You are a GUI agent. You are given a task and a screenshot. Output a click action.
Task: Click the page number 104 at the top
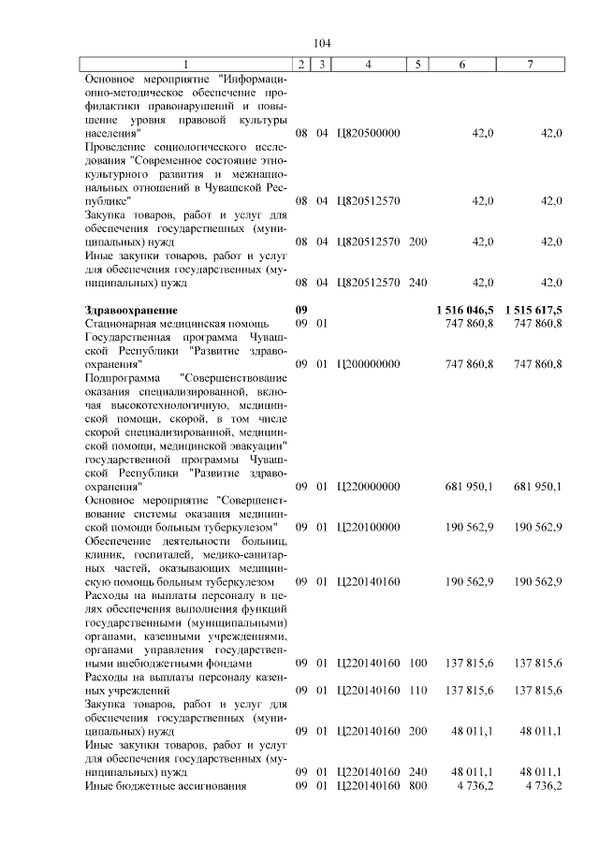(323, 44)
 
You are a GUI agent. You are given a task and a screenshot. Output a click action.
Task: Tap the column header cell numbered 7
(530, 64)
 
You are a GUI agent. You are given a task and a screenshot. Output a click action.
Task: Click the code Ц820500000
(368, 134)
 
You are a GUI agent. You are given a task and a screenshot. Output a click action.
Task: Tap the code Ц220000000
(368, 487)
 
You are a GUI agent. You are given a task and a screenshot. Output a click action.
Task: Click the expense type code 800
(418, 786)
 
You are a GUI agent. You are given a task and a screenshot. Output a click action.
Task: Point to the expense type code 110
(418, 690)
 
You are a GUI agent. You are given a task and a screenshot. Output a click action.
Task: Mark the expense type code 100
(418, 664)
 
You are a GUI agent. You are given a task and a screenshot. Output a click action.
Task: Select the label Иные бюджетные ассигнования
(165, 786)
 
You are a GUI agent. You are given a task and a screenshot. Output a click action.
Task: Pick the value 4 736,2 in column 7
(543, 786)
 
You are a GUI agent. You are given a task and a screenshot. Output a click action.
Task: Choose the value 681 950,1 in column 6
(471, 487)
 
